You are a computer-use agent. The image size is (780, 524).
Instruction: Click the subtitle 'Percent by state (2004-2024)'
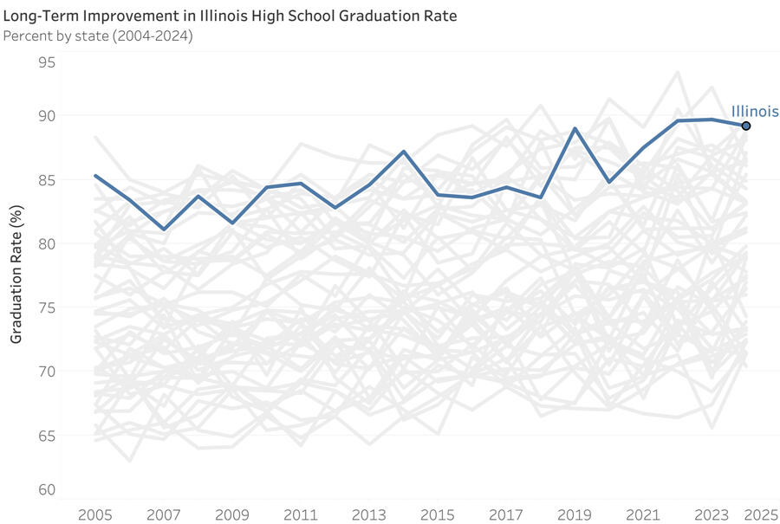coord(98,36)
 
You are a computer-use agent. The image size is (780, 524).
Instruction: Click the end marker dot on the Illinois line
coord(745,126)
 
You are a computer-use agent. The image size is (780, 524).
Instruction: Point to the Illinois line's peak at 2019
coord(575,128)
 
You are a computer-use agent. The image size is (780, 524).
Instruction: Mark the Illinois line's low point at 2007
coord(164,230)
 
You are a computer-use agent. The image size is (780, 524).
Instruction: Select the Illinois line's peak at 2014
coord(404,152)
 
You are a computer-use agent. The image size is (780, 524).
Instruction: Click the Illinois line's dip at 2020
coord(609,182)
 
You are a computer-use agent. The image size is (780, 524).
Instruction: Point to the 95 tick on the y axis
coord(47,62)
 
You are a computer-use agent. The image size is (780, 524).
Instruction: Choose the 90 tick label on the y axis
coord(47,116)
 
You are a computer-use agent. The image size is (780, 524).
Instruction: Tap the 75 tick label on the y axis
coord(47,307)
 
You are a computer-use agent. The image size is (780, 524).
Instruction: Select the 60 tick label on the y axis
coord(47,490)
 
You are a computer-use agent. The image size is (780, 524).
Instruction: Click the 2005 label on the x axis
coord(95,514)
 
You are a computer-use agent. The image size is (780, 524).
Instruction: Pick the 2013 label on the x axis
coord(369,514)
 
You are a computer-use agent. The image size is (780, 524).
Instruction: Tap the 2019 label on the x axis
coord(575,514)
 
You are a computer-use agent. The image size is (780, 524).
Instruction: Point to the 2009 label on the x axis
coord(232,514)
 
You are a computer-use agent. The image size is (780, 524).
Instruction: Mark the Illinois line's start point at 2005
coord(95,176)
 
